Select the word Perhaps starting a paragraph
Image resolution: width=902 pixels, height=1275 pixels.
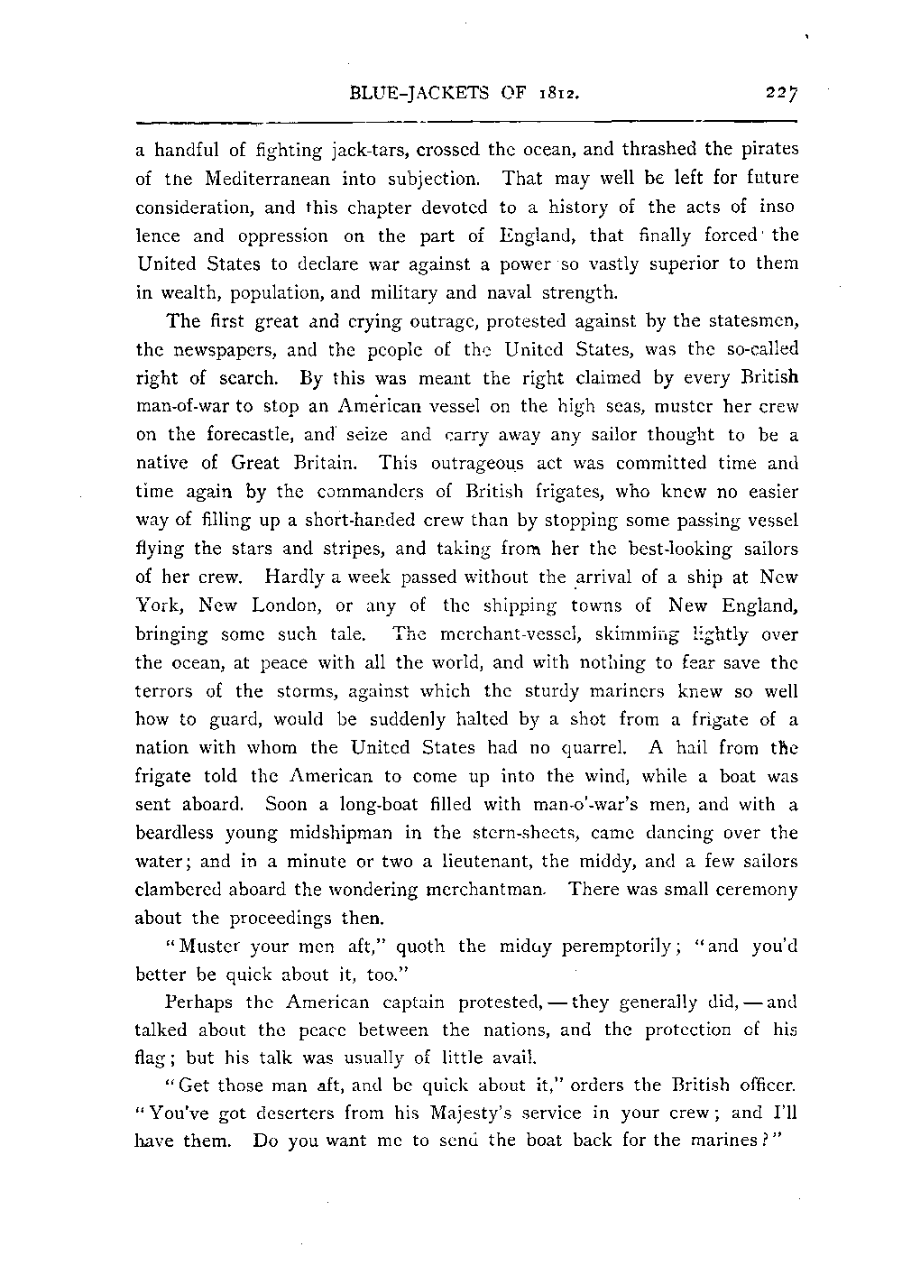coord(199,1002)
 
